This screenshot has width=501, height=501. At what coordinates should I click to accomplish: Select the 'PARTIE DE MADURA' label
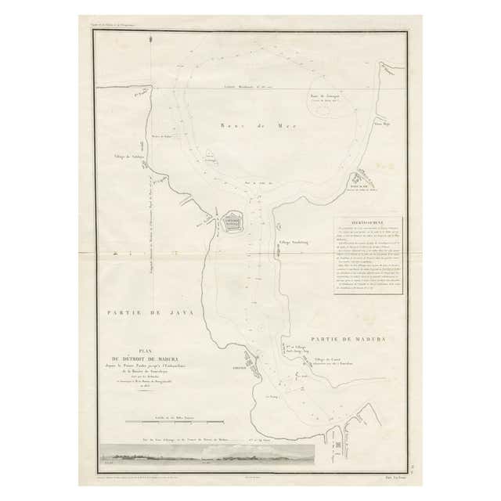tap(348, 339)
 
